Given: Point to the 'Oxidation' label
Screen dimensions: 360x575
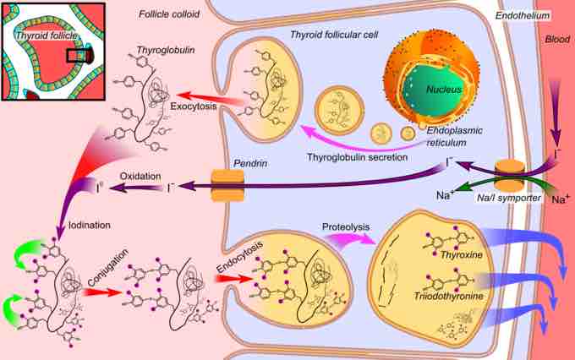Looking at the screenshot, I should pyautogui.click(x=139, y=177).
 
